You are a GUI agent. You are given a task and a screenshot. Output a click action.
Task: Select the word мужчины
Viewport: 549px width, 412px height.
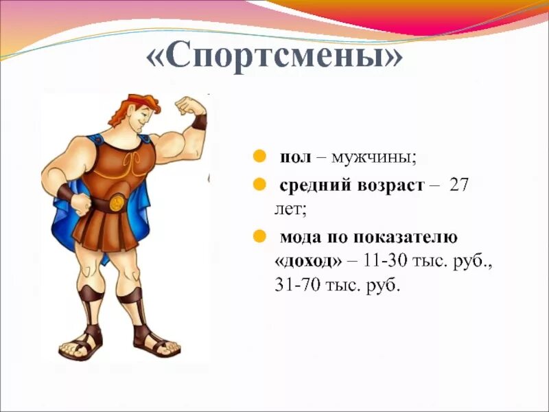click(x=373, y=157)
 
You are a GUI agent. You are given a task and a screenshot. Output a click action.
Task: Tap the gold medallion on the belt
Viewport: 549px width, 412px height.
click(x=117, y=203)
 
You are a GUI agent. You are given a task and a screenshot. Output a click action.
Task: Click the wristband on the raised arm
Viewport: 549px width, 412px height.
click(x=199, y=122)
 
